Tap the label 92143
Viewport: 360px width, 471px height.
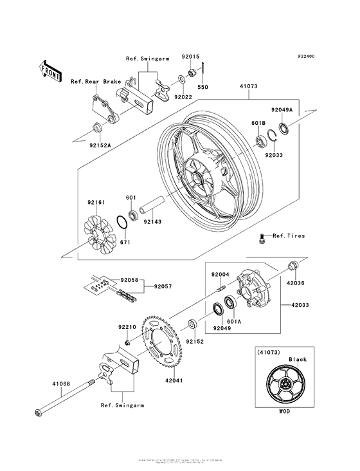coord(152,223)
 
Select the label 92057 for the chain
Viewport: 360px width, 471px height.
coord(162,286)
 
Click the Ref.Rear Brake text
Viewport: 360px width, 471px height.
coord(94,82)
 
